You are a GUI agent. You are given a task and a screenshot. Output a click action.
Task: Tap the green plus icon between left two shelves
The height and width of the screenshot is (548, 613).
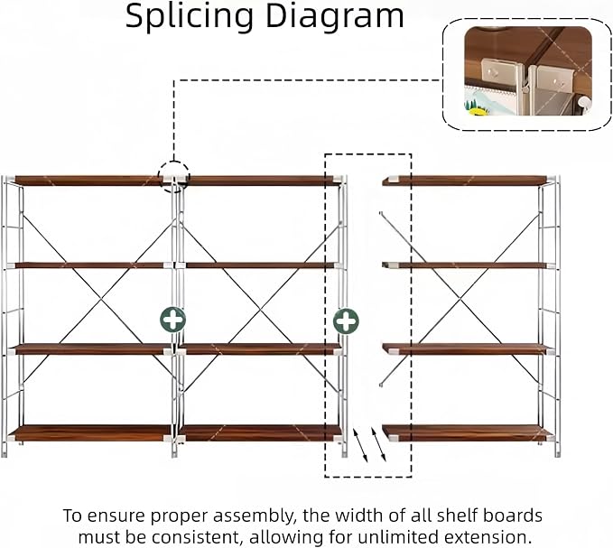[172, 320]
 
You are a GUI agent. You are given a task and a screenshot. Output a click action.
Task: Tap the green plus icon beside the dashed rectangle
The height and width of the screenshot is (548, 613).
[346, 321]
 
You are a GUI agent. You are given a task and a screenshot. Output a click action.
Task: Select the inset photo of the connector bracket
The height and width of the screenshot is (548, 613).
[528, 70]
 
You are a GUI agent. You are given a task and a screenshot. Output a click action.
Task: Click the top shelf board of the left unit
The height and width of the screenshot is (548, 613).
[89, 181]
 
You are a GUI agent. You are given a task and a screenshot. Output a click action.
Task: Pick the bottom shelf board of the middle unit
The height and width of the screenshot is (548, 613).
[260, 433]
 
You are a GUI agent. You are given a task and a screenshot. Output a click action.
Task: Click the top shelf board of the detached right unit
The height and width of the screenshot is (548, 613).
[464, 181]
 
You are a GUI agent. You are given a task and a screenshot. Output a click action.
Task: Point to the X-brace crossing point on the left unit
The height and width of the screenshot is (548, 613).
[102, 300]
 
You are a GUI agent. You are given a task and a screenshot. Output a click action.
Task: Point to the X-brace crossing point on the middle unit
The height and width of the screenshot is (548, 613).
[261, 309]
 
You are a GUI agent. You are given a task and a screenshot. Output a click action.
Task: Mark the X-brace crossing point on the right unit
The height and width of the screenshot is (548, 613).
[461, 301]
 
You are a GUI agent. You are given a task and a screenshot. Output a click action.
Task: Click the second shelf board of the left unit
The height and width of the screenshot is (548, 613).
[89, 265]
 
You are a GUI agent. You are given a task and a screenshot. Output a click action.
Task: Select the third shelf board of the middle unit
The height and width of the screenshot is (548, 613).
[260, 349]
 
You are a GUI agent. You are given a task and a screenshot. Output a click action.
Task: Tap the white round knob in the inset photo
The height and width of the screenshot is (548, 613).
[585, 103]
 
